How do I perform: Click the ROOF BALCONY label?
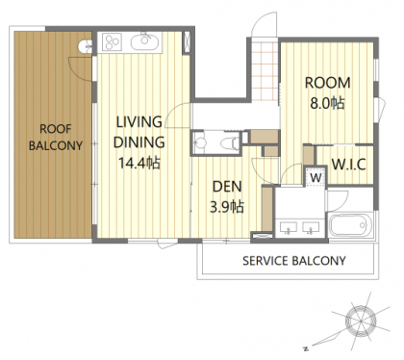(56, 138)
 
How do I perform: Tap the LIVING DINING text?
(139, 132)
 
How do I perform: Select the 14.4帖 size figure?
(139, 163)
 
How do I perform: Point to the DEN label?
(227, 187)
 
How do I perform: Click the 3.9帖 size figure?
(227, 207)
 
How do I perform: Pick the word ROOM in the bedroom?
(327, 83)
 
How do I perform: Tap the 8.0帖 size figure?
(327, 103)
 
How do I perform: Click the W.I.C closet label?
(349, 165)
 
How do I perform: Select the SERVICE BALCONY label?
(294, 261)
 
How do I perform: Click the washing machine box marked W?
(316, 176)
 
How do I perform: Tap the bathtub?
(351, 225)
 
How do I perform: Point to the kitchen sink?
(144, 41)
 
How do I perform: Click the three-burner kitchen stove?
(112, 42)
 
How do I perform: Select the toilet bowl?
(230, 142)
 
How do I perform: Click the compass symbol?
(361, 321)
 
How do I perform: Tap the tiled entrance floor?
(265, 71)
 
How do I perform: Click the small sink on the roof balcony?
(85, 46)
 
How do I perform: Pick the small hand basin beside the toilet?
(200, 143)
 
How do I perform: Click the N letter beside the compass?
(306, 348)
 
